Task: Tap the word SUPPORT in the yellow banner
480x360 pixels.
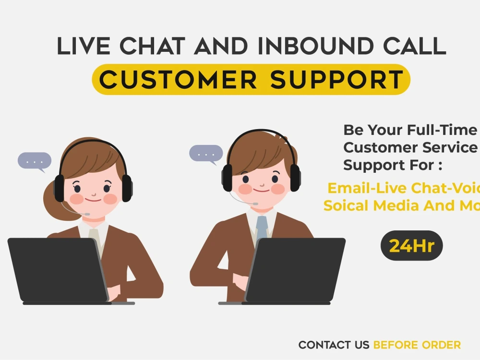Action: click(336, 80)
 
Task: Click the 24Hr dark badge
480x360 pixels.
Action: click(411, 245)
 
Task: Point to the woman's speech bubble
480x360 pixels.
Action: click(35, 161)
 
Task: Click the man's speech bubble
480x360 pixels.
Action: click(206, 154)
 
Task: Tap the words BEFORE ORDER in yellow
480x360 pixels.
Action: click(417, 345)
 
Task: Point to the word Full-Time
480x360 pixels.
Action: click(442, 130)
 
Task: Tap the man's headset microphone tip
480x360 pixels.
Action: click(255, 204)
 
